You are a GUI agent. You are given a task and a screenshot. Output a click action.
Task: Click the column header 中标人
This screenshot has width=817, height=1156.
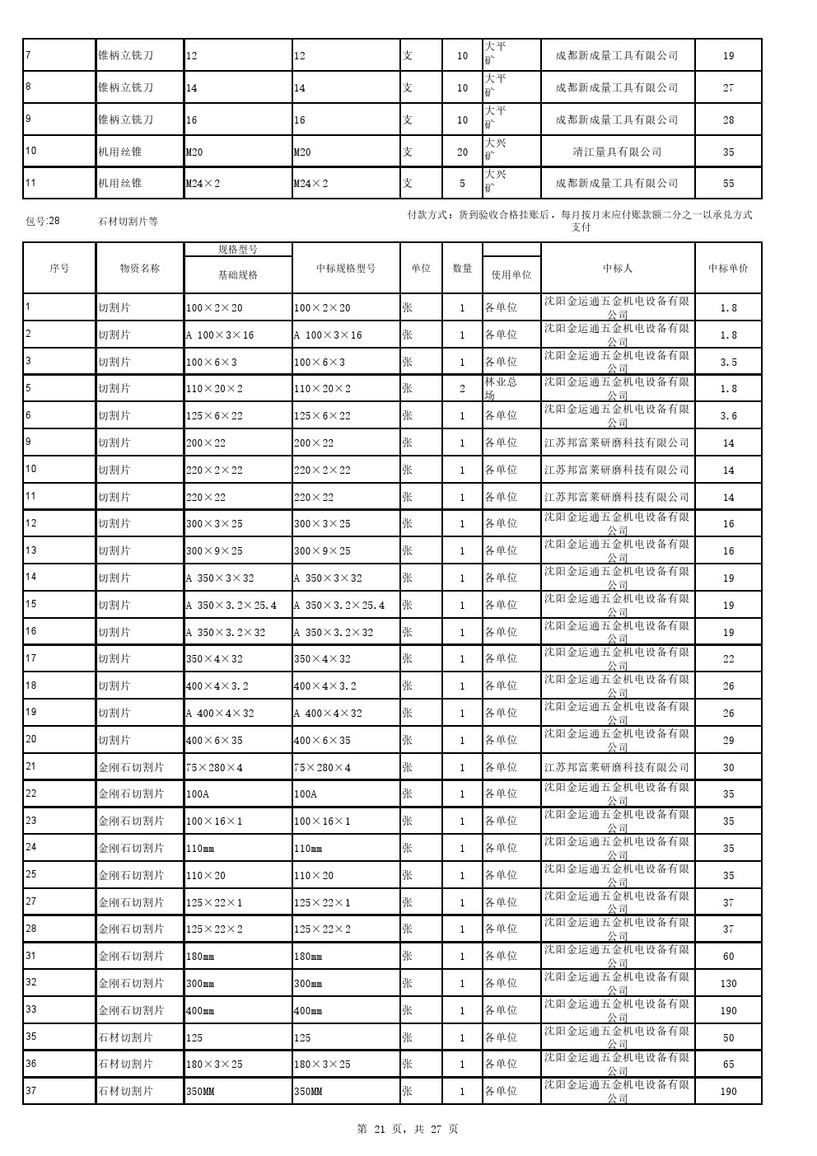tap(617, 268)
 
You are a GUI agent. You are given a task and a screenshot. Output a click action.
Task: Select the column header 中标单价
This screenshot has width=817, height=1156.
tap(728, 268)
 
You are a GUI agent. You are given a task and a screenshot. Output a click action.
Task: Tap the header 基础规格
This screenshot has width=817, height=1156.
tap(237, 274)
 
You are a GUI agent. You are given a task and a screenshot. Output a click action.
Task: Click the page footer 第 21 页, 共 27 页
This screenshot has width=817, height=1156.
tap(408, 1129)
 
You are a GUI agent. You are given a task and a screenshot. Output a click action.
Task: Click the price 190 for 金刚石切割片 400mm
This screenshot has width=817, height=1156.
tap(728, 1010)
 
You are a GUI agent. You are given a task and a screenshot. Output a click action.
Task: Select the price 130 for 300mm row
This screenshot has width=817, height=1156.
tap(728, 983)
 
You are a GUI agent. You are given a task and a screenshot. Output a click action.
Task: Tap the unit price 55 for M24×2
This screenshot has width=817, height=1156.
tap(728, 183)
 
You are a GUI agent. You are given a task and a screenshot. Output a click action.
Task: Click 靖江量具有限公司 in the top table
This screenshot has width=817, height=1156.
tap(617, 152)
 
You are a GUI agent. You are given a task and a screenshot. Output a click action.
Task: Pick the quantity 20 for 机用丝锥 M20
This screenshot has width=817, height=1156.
tap(462, 152)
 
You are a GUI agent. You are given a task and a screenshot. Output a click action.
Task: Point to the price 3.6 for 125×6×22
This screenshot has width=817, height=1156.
tap(728, 416)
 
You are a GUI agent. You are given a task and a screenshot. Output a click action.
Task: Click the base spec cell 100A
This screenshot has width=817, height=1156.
tap(198, 794)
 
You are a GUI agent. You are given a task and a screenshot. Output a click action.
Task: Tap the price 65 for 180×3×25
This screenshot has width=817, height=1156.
tap(728, 1065)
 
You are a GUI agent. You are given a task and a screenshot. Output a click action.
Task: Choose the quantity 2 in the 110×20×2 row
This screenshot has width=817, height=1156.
tap(462, 388)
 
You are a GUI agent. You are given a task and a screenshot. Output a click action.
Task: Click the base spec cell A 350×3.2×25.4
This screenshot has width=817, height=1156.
tap(231, 605)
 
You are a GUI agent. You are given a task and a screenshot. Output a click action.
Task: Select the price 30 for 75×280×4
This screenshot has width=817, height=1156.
tap(728, 767)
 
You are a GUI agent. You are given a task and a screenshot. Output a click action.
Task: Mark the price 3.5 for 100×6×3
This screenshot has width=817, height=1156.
tap(728, 362)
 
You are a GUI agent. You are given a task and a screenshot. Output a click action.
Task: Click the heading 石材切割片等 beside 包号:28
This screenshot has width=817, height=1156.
tap(128, 221)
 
